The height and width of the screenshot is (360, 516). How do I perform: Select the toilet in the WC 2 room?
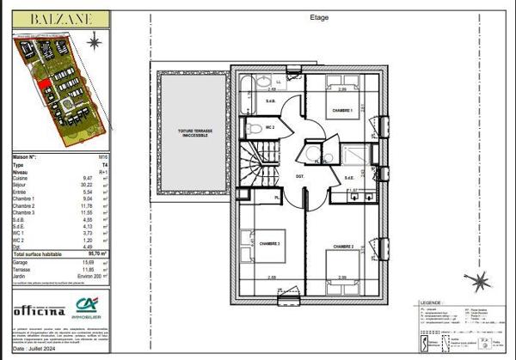[254, 129]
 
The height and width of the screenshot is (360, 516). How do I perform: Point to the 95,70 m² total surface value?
[98, 255]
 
